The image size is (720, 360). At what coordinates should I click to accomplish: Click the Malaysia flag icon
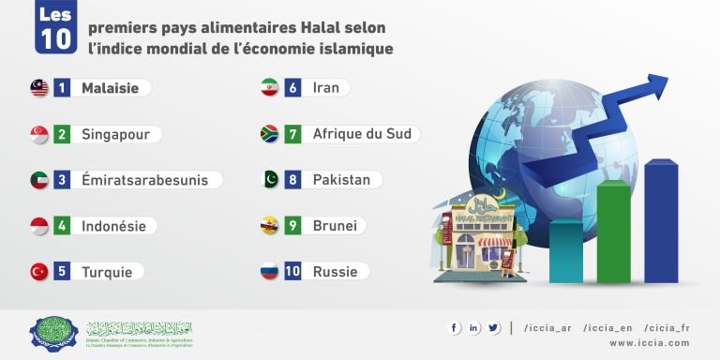click(39, 88)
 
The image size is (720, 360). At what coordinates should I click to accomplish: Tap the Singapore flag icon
click(39, 134)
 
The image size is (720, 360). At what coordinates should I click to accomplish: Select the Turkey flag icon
click(39, 272)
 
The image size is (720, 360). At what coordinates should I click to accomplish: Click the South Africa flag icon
click(269, 134)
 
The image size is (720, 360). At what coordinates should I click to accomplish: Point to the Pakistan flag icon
click(269, 179)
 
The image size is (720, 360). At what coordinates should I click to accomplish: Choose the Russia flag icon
click(269, 272)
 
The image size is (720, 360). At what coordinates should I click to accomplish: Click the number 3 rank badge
click(62, 180)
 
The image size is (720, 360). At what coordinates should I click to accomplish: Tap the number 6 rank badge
click(292, 88)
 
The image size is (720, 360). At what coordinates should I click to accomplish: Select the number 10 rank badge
click(292, 272)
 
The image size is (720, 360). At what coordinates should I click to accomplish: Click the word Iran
click(326, 88)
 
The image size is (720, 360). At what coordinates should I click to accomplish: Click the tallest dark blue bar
click(661, 221)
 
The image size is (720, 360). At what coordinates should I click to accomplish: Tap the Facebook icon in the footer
click(455, 327)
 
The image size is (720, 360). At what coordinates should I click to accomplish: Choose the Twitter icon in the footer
click(493, 327)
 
